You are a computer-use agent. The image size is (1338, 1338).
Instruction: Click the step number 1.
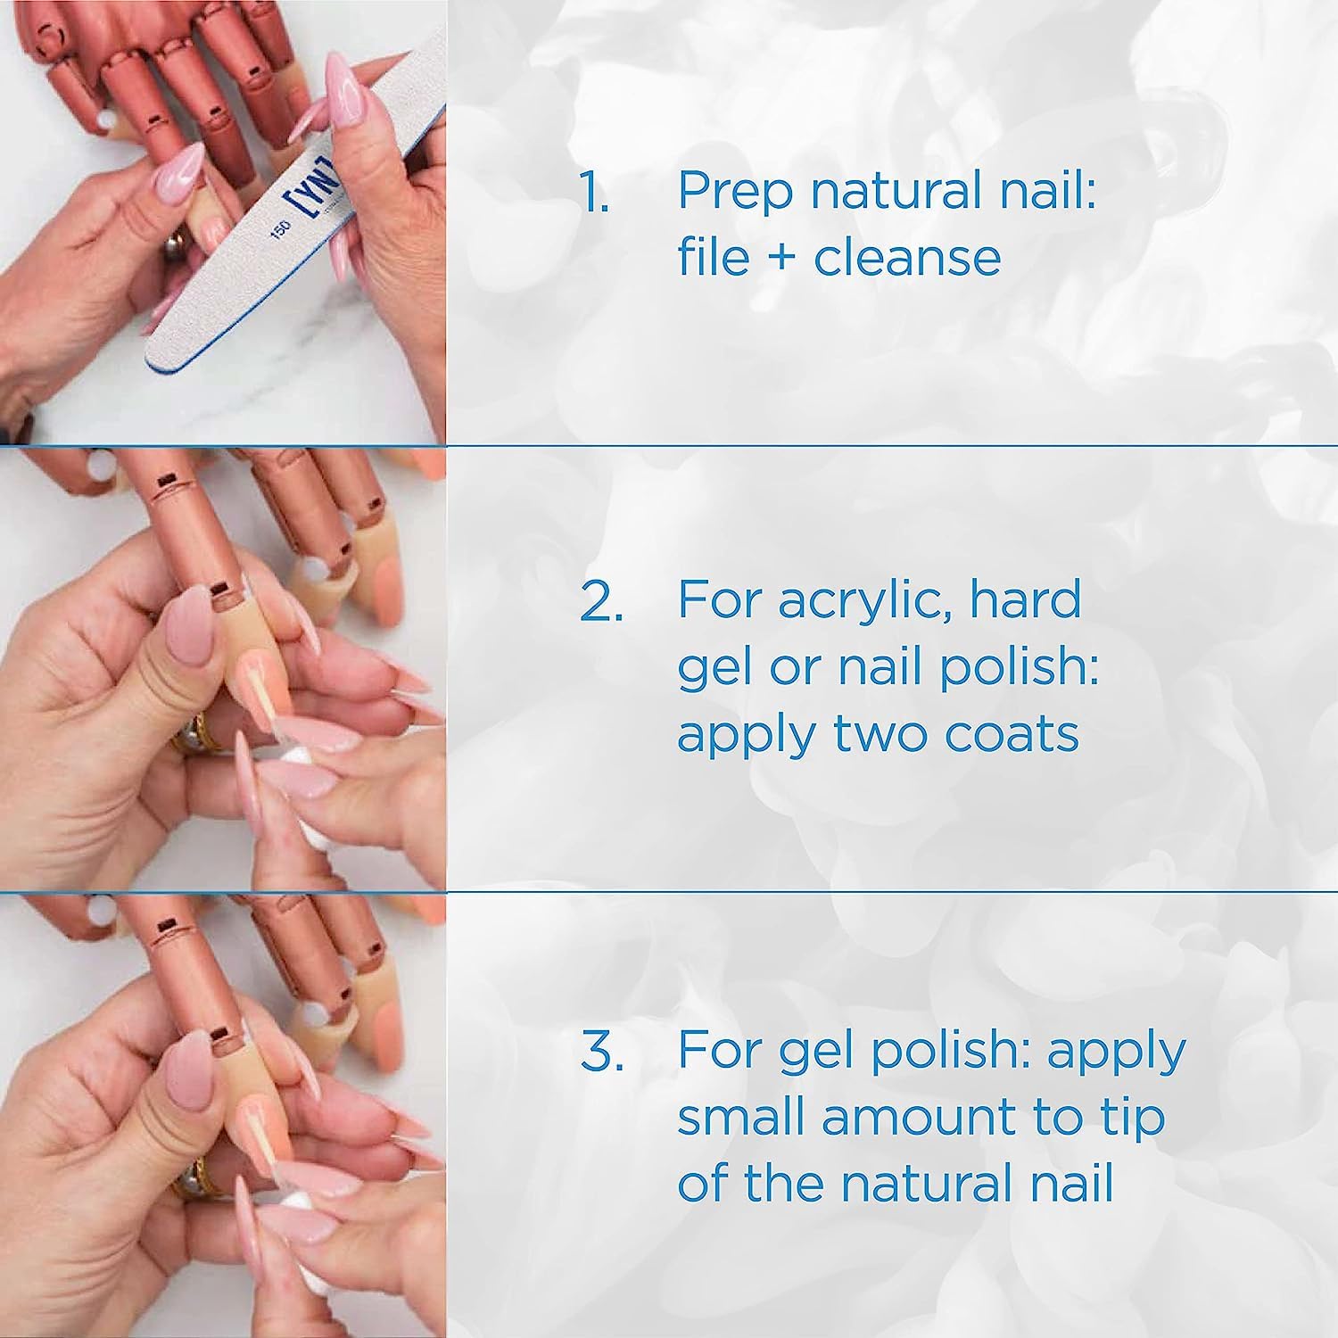[x=594, y=193]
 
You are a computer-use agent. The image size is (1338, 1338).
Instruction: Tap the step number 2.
[x=601, y=601]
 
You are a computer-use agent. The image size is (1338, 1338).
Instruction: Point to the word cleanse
[x=907, y=259]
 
